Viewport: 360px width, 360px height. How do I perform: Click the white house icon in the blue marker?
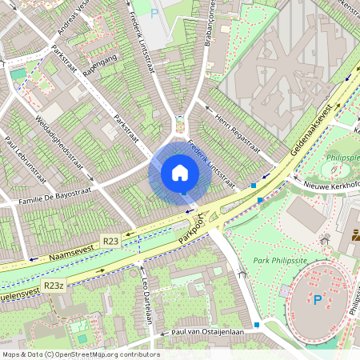point(180,173)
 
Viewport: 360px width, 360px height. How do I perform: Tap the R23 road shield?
point(110,240)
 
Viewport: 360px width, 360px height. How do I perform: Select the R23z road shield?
point(54,285)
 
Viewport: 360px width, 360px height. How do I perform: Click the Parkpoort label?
point(192,228)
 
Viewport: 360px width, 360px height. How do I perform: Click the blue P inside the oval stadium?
point(318,300)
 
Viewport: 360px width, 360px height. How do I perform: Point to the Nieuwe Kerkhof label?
point(330,185)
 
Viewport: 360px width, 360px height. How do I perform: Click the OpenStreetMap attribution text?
point(80,354)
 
